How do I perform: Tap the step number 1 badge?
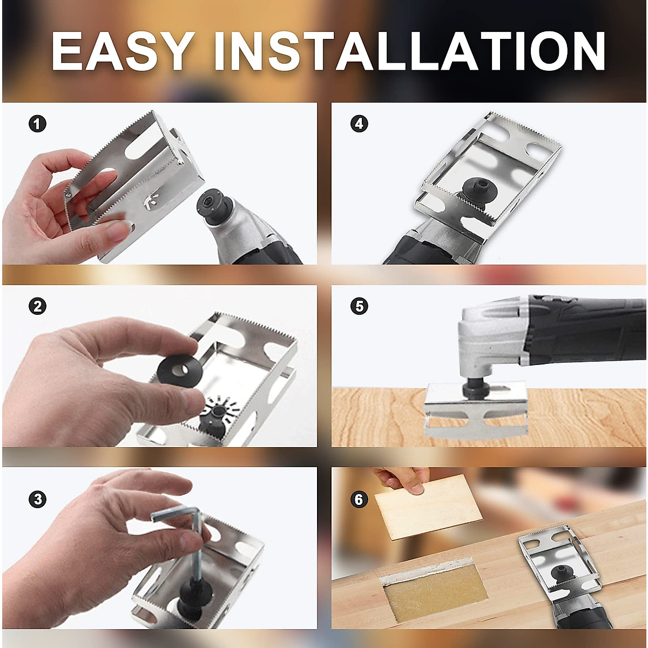pyautogui.click(x=37, y=124)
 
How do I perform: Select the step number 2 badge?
pyautogui.click(x=37, y=306)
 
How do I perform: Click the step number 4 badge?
pyautogui.click(x=359, y=124)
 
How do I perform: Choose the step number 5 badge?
pyautogui.click(x=359, y=306)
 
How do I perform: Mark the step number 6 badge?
pyautogui.click(x=359, y=500)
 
